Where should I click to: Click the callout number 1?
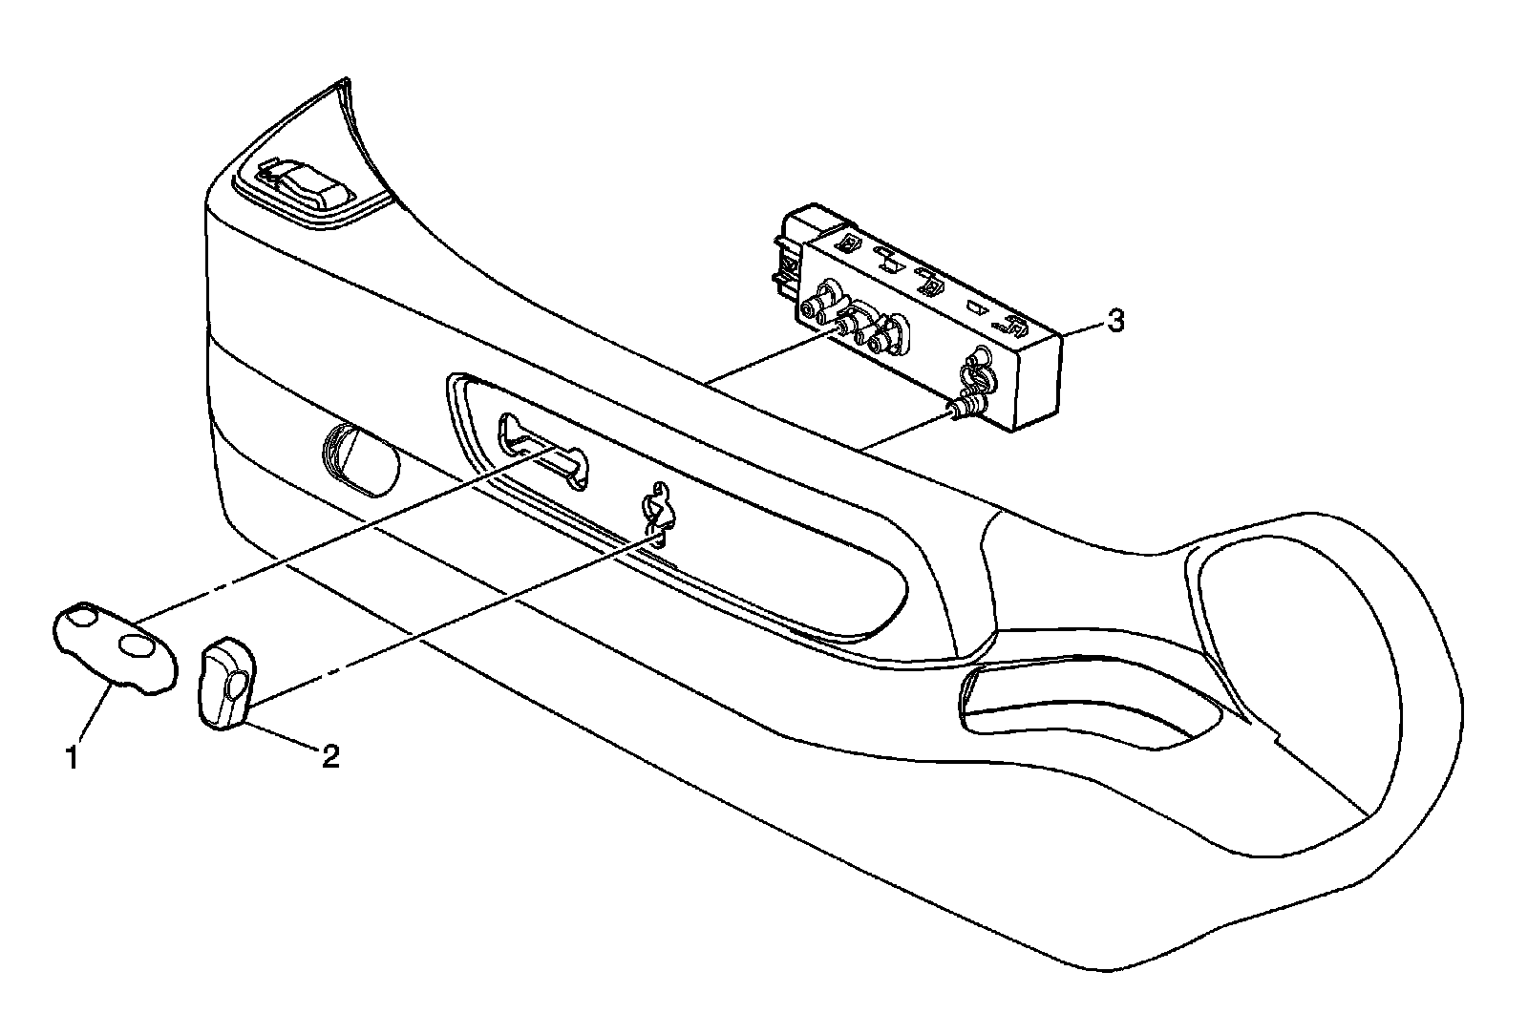click(71, 759)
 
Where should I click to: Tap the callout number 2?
click(329, 757)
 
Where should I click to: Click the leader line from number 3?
click(1081, 327)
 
